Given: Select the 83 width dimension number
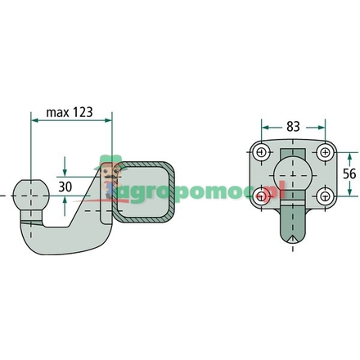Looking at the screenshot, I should [292, 128].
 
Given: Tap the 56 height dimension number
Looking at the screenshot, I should [351, 174].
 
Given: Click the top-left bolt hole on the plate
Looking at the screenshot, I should [260, 152].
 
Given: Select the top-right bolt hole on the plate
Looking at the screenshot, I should [325, 152].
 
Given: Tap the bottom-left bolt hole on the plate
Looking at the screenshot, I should [260, 196].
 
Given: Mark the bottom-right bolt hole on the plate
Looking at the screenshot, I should [325, 196].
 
